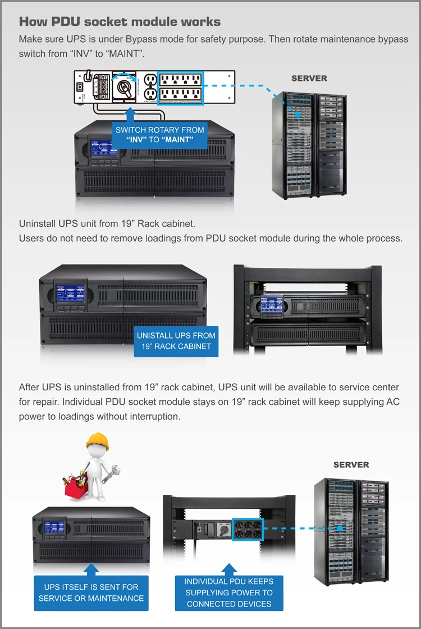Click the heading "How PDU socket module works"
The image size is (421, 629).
click(120, 22)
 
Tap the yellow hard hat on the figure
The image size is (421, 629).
click(97, 440)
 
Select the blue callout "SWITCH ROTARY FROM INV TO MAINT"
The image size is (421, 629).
click(160, 135)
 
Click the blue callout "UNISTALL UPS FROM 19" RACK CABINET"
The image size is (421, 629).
click(176, 340)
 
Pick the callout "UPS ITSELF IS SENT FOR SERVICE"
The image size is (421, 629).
click(91, 592)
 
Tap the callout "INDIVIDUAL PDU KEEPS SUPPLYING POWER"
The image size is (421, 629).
click(228, 592)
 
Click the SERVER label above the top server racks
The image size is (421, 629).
click(309, 78)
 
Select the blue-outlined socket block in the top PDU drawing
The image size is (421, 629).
click(180, 88)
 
